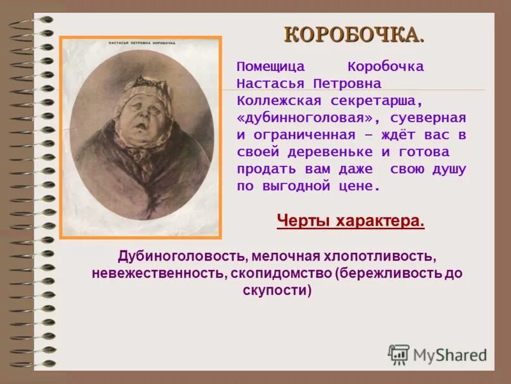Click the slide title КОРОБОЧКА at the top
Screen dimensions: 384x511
click(353, 35)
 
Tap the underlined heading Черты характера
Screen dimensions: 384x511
click(351, 221)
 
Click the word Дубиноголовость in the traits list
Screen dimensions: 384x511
click(182, 255)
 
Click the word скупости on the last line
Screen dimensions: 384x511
click(277, 291)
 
